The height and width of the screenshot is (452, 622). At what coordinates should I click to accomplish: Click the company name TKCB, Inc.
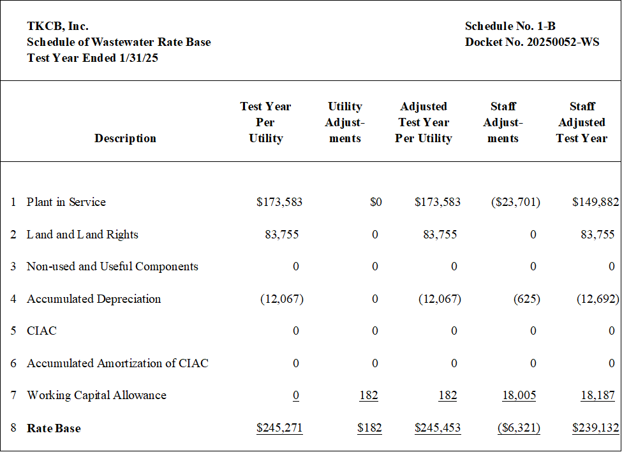57,26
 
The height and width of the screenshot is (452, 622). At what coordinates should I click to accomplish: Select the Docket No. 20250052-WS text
532,42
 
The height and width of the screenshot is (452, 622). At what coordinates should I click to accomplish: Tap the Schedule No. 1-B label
510,26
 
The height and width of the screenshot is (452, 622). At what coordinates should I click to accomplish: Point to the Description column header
125,138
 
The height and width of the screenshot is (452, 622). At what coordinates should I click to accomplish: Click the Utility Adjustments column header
344,122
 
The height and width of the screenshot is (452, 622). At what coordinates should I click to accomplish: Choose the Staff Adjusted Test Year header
582,122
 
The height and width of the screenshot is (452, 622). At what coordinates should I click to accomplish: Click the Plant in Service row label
66,202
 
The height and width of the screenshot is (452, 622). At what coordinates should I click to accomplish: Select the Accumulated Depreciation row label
94,299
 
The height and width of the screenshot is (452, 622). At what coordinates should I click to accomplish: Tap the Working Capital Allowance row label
96,395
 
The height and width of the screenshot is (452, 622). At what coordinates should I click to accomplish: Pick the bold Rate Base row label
54,428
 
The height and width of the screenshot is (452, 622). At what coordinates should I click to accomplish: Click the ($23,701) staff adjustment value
515,202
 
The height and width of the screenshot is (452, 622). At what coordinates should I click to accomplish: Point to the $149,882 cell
595,202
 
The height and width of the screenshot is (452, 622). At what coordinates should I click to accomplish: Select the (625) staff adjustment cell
527,299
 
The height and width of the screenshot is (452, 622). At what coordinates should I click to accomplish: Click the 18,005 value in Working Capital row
519,395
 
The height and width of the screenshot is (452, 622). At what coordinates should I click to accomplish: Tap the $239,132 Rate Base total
595,428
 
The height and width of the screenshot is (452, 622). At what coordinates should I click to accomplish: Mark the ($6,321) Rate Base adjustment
519,428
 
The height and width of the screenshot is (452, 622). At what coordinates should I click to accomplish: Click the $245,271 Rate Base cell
279,428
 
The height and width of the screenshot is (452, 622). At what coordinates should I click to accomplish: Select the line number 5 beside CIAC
13,331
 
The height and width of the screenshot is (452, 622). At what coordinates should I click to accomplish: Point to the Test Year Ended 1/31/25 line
93,58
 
